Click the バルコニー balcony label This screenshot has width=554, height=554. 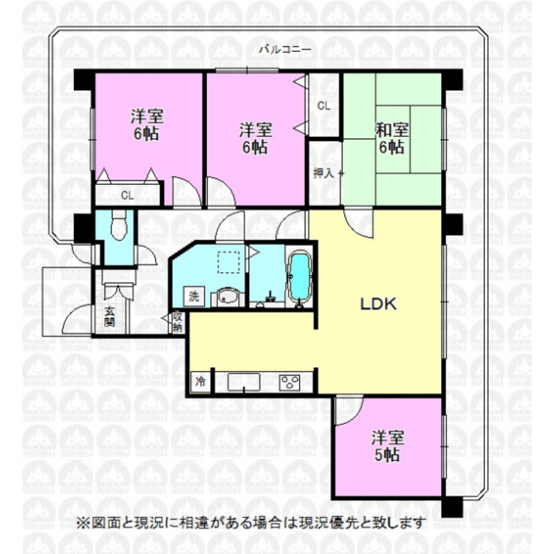click(284, 49)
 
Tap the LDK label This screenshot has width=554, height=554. click(379, 304)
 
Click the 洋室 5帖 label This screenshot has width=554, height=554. click(386, 445)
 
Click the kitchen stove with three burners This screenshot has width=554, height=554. click(289, 382)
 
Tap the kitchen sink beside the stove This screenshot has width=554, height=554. click(243, 383)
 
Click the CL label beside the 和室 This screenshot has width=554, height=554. click(324, 106)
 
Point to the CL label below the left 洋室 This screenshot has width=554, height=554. click(127, 196)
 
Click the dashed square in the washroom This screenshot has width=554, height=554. click(228, 261)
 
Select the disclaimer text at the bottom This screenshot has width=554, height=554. click(251, 523)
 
